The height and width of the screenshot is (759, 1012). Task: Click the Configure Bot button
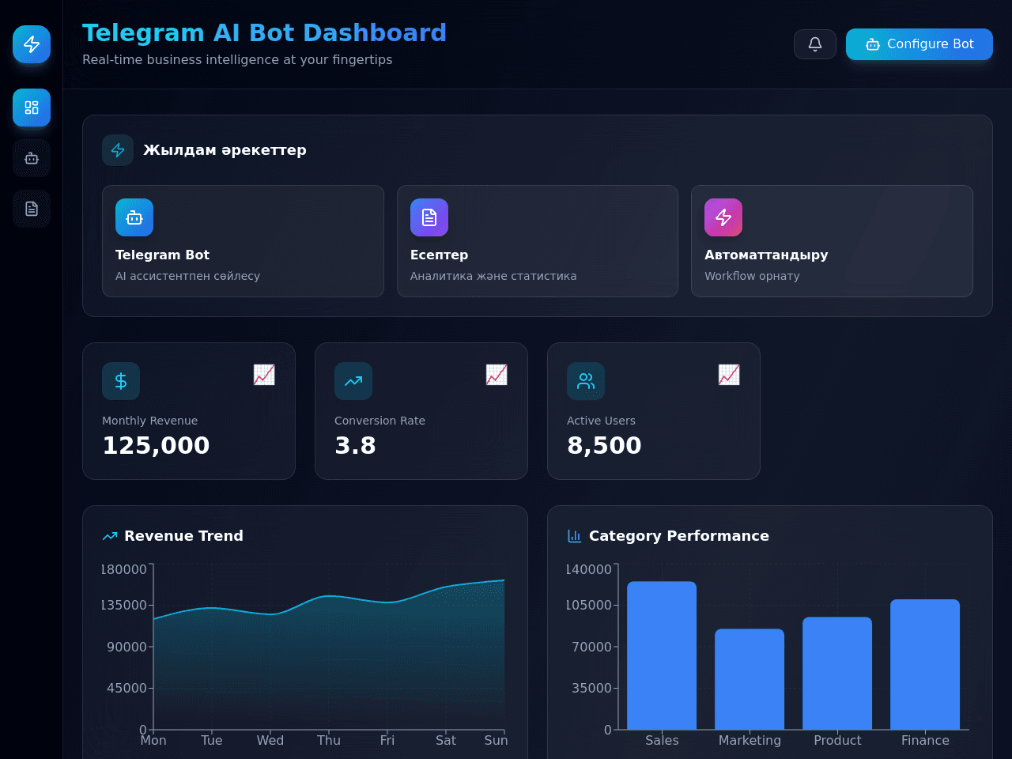(919, 44)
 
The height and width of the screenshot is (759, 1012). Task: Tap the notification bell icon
(814, 44)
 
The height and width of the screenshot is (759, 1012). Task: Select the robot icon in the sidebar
(32, 159)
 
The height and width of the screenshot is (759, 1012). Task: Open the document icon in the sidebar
(32, 209)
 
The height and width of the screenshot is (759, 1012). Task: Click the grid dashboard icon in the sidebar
(32, 108)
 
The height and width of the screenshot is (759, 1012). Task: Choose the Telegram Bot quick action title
(162, 255)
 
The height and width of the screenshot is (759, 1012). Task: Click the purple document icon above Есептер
(429, 217)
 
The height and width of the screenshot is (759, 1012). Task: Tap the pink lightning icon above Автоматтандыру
(723, 217)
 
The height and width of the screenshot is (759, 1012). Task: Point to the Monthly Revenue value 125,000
(156, 446)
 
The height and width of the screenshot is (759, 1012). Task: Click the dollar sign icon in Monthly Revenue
(121, 381)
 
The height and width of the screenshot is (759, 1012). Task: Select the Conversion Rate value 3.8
(355, 446)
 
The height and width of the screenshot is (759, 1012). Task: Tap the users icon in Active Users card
(586, 381)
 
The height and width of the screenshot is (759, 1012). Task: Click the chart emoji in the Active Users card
(729, 375)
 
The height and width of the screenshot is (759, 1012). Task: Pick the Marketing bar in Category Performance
(750, 679)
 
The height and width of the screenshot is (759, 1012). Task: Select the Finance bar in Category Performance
(925, 665)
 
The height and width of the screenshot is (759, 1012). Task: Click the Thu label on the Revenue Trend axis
(329, 741)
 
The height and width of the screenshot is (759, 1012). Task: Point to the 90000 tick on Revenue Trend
(126, 647)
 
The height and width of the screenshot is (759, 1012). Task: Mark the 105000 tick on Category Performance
(589, 605)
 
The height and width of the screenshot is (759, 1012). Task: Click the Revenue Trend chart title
(183, 536)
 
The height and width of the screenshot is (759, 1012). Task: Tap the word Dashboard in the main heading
(375, 33)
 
